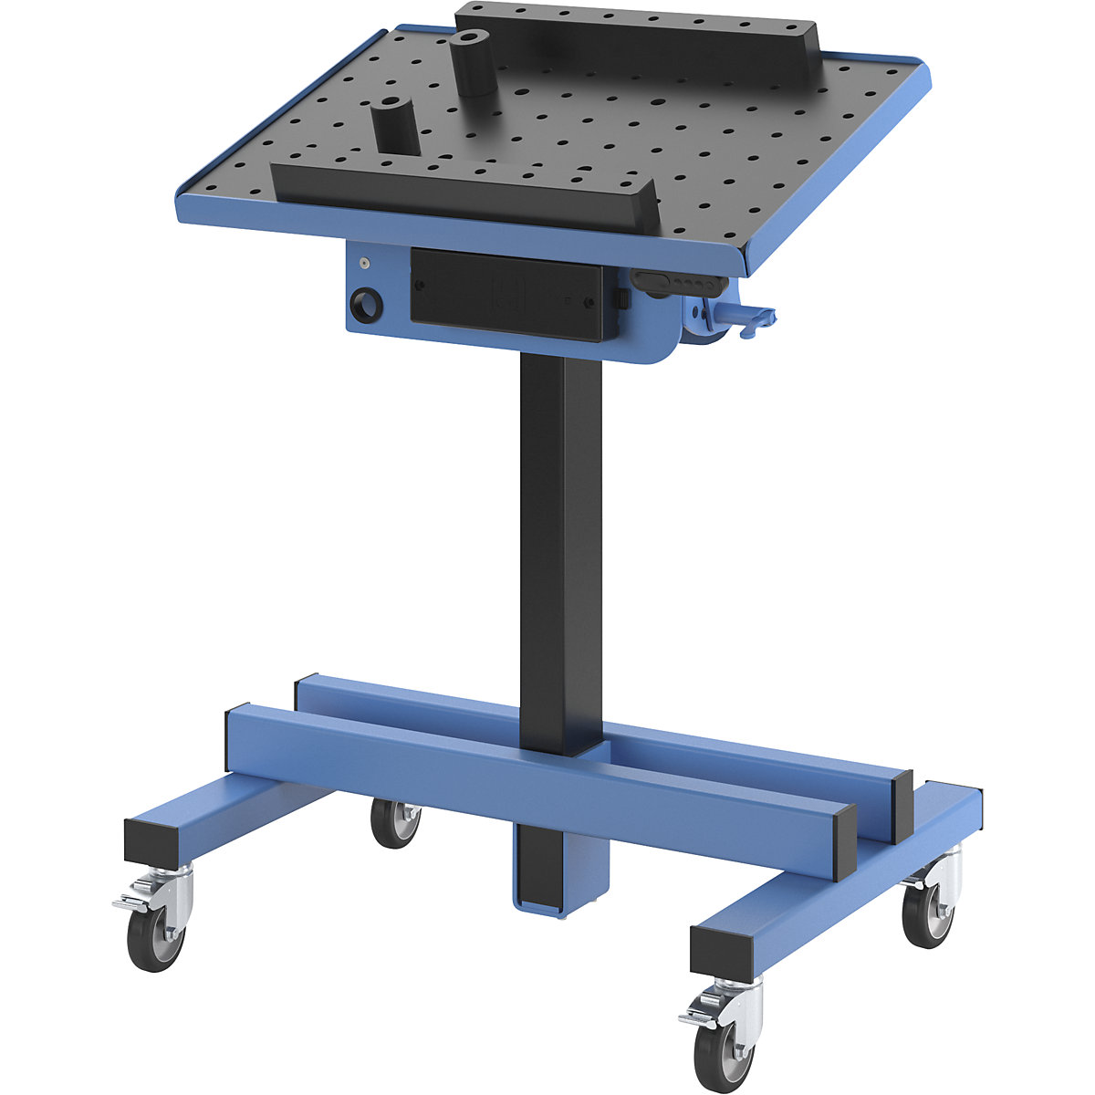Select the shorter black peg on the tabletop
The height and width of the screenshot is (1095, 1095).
[x=395, y=128]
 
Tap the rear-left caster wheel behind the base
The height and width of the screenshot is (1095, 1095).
[x=396, y=823]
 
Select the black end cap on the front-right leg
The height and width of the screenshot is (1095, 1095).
[x=726, y=953]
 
